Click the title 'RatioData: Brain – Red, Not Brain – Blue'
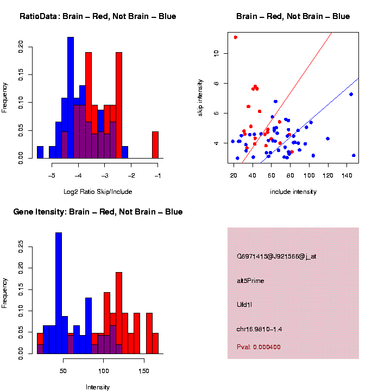[98, 16]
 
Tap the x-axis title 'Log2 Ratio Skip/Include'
[97, 192]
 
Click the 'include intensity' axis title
[293, 192]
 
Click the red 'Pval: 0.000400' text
[258, 347]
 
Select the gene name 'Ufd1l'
[244, 304]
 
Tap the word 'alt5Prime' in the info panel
[250, 281]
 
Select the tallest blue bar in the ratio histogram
[71, 98]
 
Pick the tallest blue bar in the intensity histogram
[59, 293]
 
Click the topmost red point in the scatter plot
[235, 37]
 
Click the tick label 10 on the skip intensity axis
[217, 53]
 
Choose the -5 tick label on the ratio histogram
[52, 175]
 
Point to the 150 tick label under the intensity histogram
[143, 370]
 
